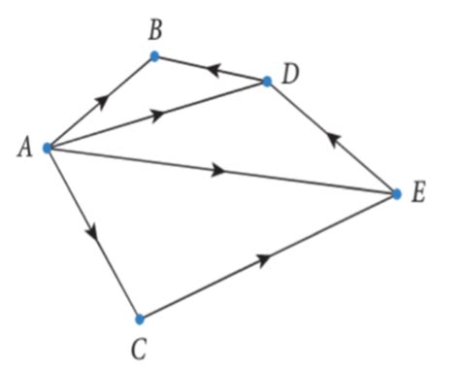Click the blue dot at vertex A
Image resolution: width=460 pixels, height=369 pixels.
47,149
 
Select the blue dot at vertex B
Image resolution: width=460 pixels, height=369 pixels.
154,56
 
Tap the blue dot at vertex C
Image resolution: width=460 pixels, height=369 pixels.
140,319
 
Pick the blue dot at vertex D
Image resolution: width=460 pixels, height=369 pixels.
269,81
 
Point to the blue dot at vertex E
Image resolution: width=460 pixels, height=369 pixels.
396,193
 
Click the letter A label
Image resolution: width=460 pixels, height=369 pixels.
23,148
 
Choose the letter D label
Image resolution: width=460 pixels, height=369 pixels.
290,73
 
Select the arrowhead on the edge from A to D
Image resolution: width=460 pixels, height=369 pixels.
156,116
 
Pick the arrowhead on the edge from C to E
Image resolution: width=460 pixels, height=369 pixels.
263,258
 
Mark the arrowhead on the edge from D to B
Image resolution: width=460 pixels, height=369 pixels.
213,69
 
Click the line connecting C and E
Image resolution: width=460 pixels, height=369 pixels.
320,230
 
